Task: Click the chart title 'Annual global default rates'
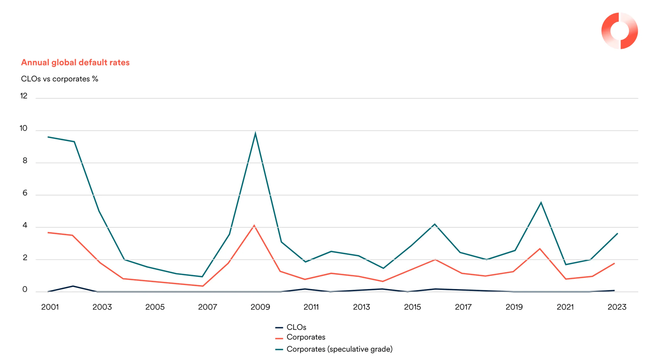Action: pyautogui.click(x=75, y=62)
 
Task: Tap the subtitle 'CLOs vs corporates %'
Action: pyautogui.click(x=60, y=79)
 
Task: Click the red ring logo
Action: pyautogui.click(x=619, y=31)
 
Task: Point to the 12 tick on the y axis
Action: pyautogui.click(x=24, y=96)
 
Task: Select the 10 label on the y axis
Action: pyautogui.click(x=24, y=129)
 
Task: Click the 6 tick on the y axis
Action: pyautogui.click(x=25, y=194)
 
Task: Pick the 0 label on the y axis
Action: pyautogui.click(x=25, y=290)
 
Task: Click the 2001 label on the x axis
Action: pyautogui.click(x=50, y=307)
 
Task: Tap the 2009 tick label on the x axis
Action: pyautogui.click(x=260, y=307)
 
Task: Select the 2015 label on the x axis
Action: pyautogui.click(x=412, y=307)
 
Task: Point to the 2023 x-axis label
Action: pyautogui.click(x=617, y=307)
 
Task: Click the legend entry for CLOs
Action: pyautogui.click(x=296, y=328)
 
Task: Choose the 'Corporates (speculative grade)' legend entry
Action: pyautogui.click(x=339, y=349)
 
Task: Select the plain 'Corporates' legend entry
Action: pyautogui.click(x=305, y=338)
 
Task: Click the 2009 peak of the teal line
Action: pyautogui.click(x=255, y=133)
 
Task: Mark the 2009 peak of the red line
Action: pyautogui.click(x=254, y=225)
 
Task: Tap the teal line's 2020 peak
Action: pyautogui.click(x=541, y=202)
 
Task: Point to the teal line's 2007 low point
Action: pyautogui.click(x=203, y=277)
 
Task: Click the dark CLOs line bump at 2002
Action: pyautogui.click(x=73, y=286)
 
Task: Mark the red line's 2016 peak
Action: pyautogui.click(x=435, y=259)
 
